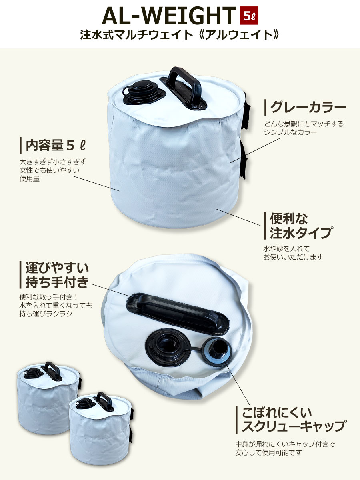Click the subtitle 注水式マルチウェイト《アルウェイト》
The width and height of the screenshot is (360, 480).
[180, 36]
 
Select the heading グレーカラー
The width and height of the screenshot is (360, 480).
[308, 107]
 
